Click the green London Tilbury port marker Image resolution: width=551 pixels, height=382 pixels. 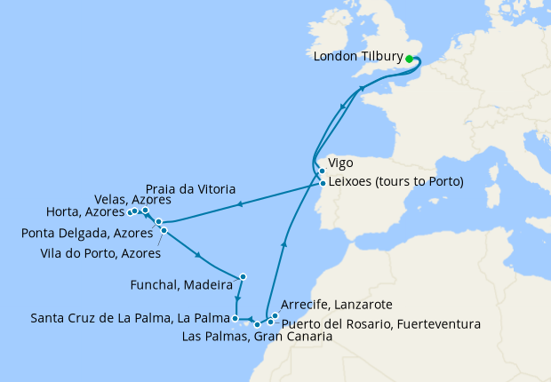pos(410,60)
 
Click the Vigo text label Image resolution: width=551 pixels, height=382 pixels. pos(341,164)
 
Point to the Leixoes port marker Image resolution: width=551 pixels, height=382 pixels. pos(322,183)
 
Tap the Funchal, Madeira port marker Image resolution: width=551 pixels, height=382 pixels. pos(243,275)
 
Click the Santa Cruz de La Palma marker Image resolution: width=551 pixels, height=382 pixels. pos(235,317)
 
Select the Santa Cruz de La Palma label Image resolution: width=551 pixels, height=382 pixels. pos(131,317)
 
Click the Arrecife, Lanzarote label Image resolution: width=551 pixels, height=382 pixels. pos(331,303)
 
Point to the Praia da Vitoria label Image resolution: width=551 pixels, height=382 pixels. pos(191,190)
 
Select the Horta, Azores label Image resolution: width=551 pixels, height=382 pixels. pos(84,212)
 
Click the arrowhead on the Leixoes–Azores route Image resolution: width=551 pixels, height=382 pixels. pos(239,204)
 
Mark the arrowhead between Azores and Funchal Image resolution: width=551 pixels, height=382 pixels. pos(198,256)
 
